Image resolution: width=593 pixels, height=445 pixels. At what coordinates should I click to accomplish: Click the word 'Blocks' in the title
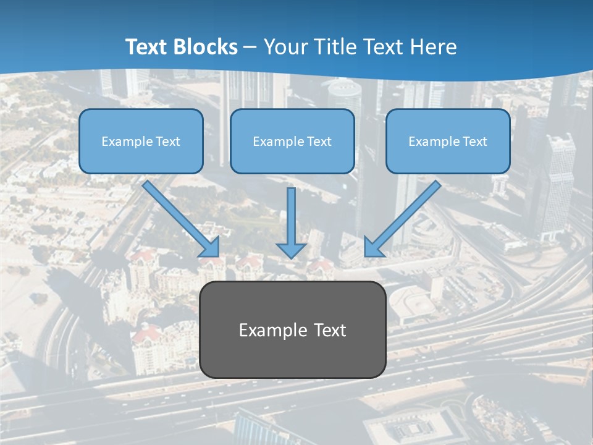[206, 47]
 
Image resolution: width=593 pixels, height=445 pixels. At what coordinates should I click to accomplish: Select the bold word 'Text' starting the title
[147, 47]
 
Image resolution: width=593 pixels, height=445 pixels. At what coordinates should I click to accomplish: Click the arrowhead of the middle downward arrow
[292, 250]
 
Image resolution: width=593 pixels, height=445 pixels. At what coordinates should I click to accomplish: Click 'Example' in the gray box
[264, 331]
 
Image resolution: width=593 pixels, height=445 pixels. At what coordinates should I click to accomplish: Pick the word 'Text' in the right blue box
[474, 142]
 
